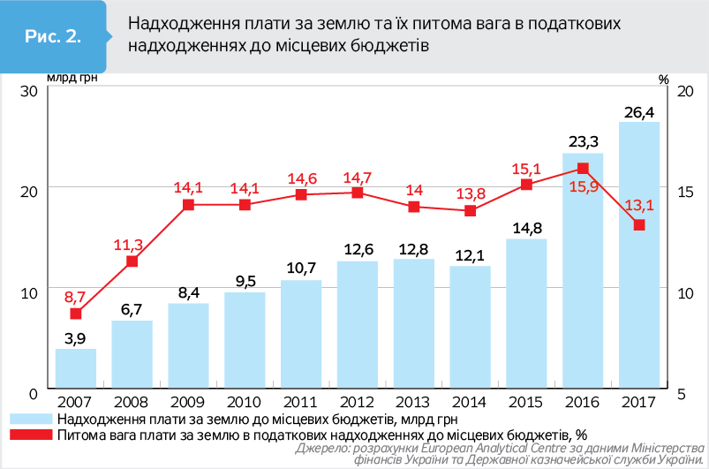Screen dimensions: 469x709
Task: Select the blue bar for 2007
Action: (x=76, y=368)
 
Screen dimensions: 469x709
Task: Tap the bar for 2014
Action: (x=471, y=327)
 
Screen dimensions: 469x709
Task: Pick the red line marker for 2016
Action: (x=583, y=168)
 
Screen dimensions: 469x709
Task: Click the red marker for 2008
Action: (x=132, y=261)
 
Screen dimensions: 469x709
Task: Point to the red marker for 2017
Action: (x=639, y=224)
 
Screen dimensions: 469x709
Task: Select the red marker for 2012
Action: (x=358, y=193)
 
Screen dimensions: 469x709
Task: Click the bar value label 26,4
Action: (x=638, y=112)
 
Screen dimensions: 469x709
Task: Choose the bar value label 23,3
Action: (x=583, y=141)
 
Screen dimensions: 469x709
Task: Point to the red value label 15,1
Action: (x=527, y=168)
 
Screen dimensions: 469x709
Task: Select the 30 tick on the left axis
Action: (x=27, y=91)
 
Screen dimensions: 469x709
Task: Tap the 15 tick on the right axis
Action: (x=685, y=192)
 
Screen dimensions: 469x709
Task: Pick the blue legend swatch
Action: (x=30, y=419)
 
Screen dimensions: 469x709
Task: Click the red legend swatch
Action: (x=30, y=434)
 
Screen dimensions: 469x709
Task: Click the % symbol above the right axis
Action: (x=664, y=79)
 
